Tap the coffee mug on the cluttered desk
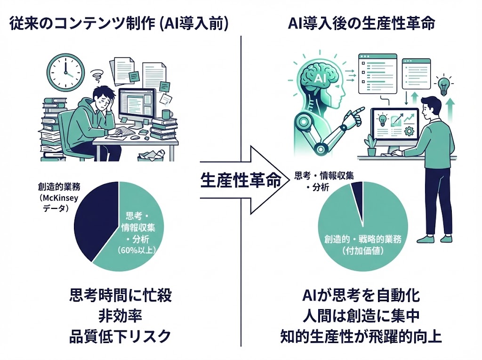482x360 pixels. click(x=166, y=114)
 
